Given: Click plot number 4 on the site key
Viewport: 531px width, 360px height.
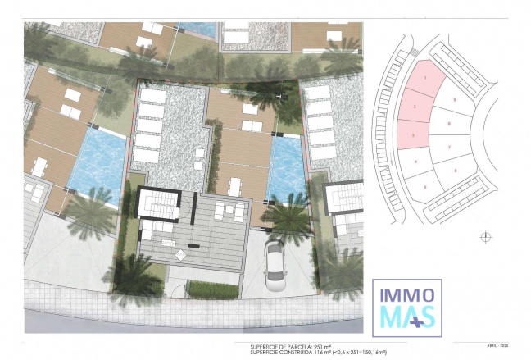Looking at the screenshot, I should (417, 162).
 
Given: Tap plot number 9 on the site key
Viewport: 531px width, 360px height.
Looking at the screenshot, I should (454, 99).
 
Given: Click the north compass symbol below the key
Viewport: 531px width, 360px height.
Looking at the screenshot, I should (486, 236).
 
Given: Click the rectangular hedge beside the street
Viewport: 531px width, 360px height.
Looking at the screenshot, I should (213, 289).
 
